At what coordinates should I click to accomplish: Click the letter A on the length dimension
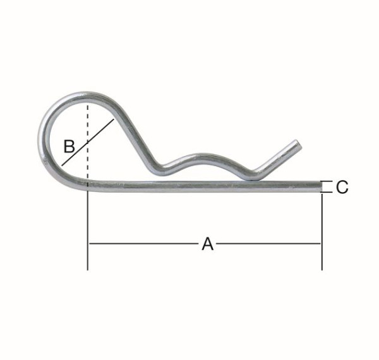(x=207, y=244)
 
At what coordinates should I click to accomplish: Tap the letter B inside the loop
(x=70, y=147)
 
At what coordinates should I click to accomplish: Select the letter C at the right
(x=342, y=187)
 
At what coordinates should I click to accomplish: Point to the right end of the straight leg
(x=320, y=186)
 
